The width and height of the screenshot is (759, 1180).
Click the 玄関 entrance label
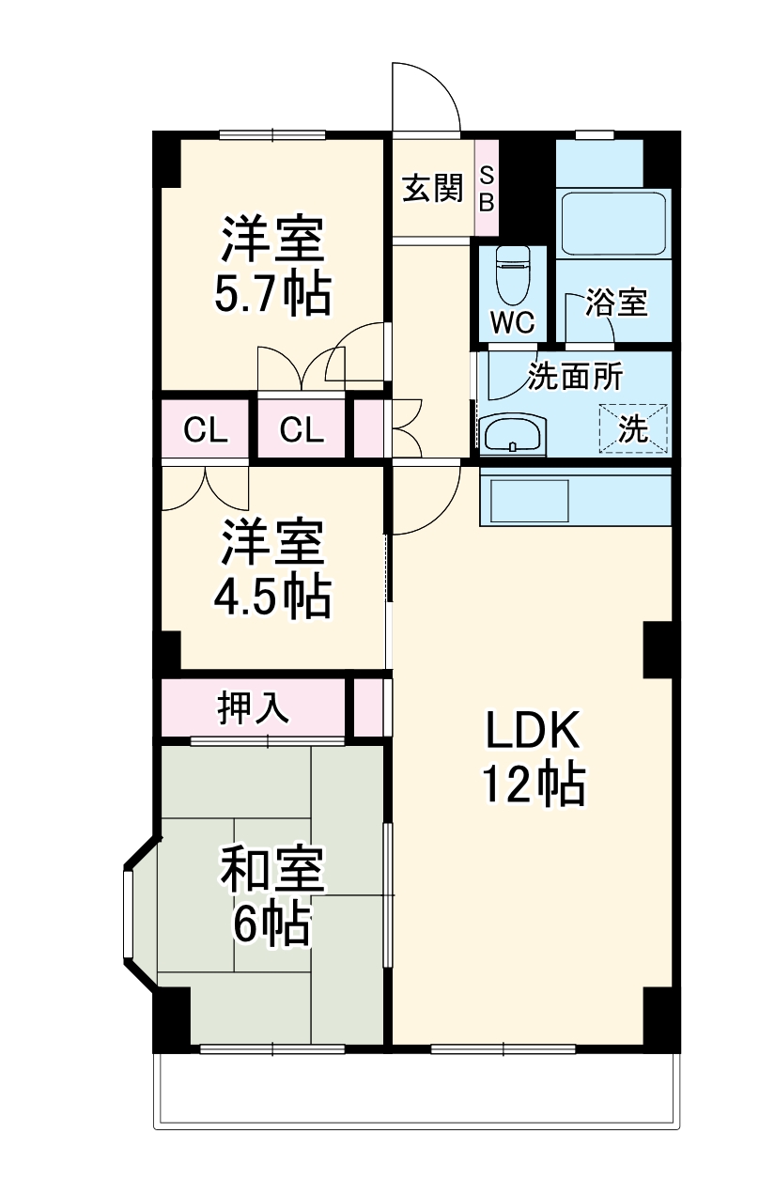[x=433, y=189]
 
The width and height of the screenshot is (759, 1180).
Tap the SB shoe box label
[x=487, y=188]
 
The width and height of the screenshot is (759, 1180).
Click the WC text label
[x=513, y=322]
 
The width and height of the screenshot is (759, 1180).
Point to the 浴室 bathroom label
[x=616, y=303]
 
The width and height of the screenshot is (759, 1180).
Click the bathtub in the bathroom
[x=612, y=224]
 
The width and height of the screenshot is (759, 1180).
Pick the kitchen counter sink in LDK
[x=525, y=501]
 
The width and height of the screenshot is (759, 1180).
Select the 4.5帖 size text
[x=272, y=596]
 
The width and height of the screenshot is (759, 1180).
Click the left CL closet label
[x=205, y=430]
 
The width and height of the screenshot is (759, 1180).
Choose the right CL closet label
[x=302, y=430]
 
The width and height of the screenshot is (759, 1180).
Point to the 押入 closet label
[x=253, y=708]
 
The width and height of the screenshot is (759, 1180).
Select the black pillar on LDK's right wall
[x=658, y=648]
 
